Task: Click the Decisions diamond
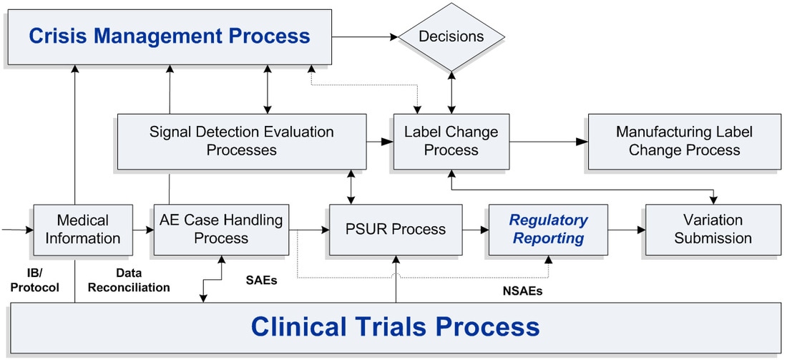451,37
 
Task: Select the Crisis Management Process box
170,37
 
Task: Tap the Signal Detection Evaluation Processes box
241,141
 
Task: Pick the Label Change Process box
451,141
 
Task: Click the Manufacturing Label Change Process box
684,141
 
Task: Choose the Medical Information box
83,230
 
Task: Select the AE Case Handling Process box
221,230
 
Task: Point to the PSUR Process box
396,230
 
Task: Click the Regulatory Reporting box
548,230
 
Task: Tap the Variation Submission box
713,230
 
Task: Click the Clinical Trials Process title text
395,326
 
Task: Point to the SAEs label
261,280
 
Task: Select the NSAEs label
522,291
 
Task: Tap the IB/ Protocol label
35,280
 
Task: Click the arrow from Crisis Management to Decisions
365,37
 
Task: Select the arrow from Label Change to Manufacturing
549,142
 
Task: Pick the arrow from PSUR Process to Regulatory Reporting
475,230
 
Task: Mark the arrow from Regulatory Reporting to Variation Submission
627,230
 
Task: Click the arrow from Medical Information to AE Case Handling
143,230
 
